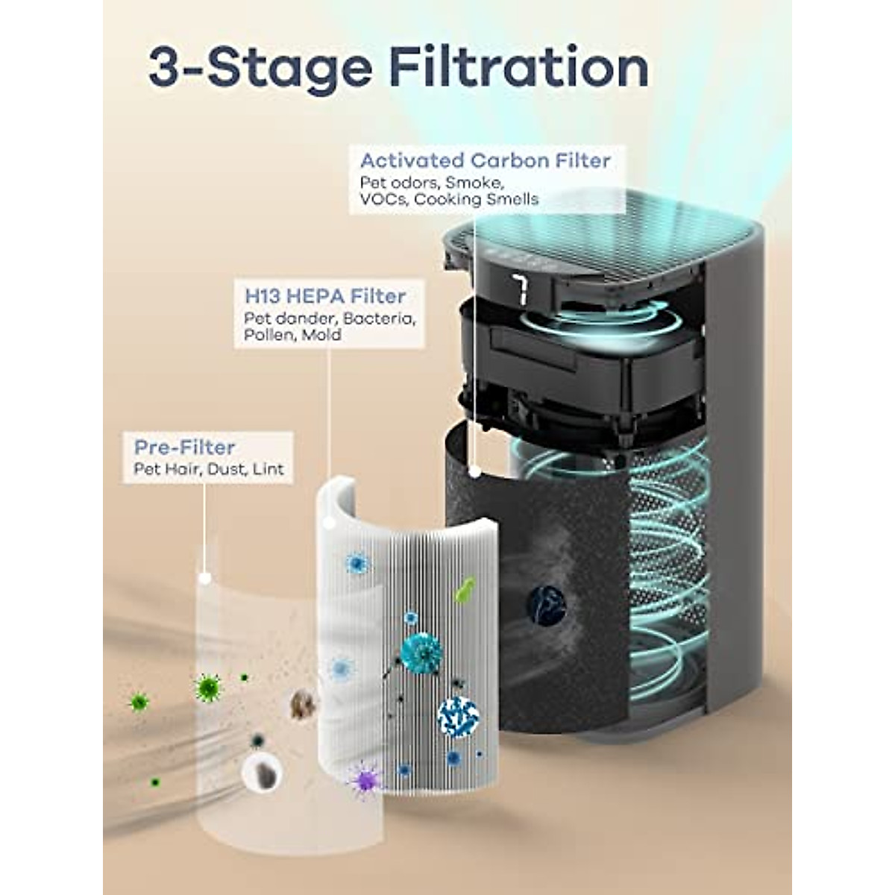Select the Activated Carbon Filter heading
click(x=485, y=160)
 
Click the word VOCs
click(x=383, y=199)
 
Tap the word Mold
click(x=321, y=336)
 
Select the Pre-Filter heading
click(x=184, y=447)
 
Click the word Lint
click(x=268, y=469)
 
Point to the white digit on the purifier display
click(x=520, y=290)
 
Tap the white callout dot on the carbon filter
click(x=475, y=471)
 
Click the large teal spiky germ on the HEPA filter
click(x=421, y=653)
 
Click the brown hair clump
click(x=302, y=704)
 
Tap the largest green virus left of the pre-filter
click(x=207, y=687)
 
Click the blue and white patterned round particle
click(x=458, y=717)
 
